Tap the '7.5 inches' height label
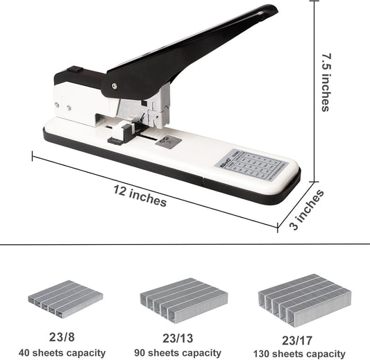coord(325,83)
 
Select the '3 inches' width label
coord(307,209)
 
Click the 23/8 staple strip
coord(65,298)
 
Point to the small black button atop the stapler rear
coord(74,69)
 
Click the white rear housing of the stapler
coord(76,101)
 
